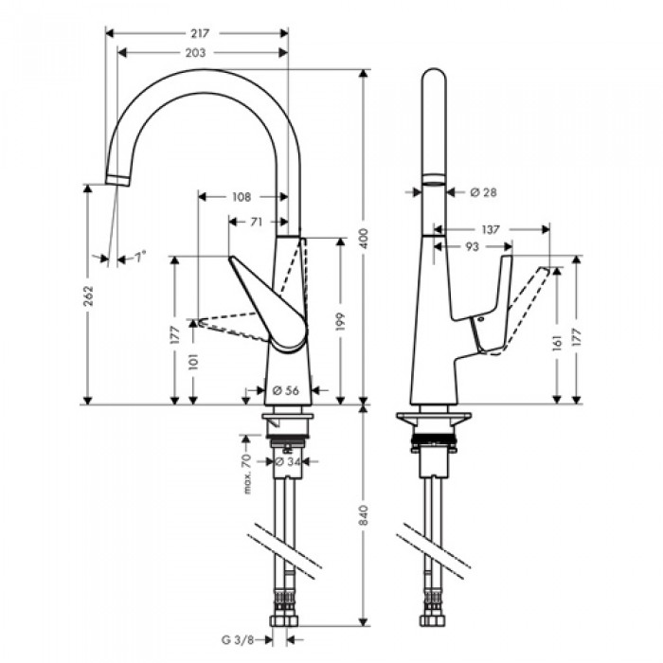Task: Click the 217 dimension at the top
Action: tap(199, 32)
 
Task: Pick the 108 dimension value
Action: tap(242, 197)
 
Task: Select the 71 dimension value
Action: tap(257, 222)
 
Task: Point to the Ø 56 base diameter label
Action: tap(285, 389)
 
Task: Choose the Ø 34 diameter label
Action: tap(285, 462)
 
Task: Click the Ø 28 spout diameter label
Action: tap(483, 192)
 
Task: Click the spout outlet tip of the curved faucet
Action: tap(115, 180)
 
